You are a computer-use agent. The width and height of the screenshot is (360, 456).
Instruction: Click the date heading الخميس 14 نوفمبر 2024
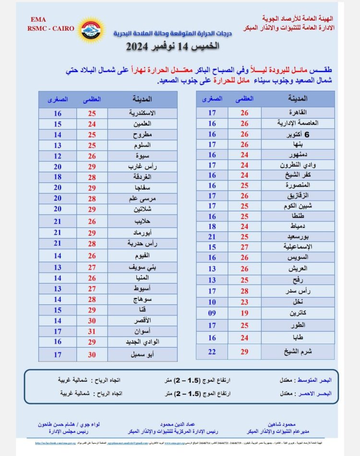172,47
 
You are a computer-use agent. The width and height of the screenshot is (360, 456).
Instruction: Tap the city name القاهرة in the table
300,113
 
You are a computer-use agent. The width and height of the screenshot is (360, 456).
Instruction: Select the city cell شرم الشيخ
298,351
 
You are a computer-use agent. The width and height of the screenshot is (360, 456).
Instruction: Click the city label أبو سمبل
142,355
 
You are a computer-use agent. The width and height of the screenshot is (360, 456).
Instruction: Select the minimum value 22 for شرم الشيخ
212,351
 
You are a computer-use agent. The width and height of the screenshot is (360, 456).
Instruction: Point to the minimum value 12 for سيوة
58,156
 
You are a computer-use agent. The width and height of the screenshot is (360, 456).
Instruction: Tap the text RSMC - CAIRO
46,28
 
